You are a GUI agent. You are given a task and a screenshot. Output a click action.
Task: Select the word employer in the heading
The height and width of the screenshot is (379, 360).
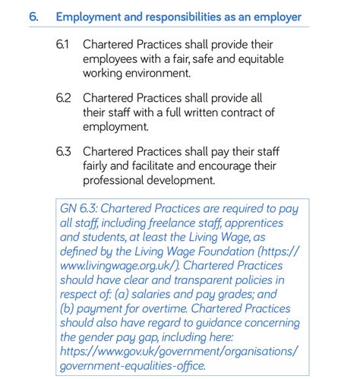point(275,17)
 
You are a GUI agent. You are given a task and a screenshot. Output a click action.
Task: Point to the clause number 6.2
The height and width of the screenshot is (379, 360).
point(64,98)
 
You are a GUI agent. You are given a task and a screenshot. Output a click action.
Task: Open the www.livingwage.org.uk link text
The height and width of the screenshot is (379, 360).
point(113,267)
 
